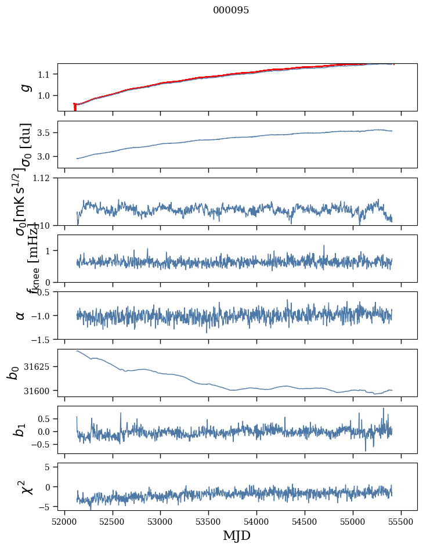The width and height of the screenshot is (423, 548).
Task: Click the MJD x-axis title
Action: (x=237, y=535)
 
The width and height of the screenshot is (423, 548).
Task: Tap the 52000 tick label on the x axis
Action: (x=64, y=521)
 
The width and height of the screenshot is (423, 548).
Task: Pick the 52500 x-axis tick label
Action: (x=113, y=521)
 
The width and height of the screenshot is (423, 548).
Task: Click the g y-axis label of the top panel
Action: (x=24, y=87)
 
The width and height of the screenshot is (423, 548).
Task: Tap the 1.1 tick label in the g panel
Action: (x=45, y=74)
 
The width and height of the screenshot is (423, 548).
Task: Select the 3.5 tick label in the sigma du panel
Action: (x=45, y=133)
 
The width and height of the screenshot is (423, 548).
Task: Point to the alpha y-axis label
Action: (x=21, y=315)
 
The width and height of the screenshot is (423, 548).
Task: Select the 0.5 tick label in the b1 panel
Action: (x=45, y=419)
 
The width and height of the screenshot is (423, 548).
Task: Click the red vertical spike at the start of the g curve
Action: (x=75, y=107)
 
